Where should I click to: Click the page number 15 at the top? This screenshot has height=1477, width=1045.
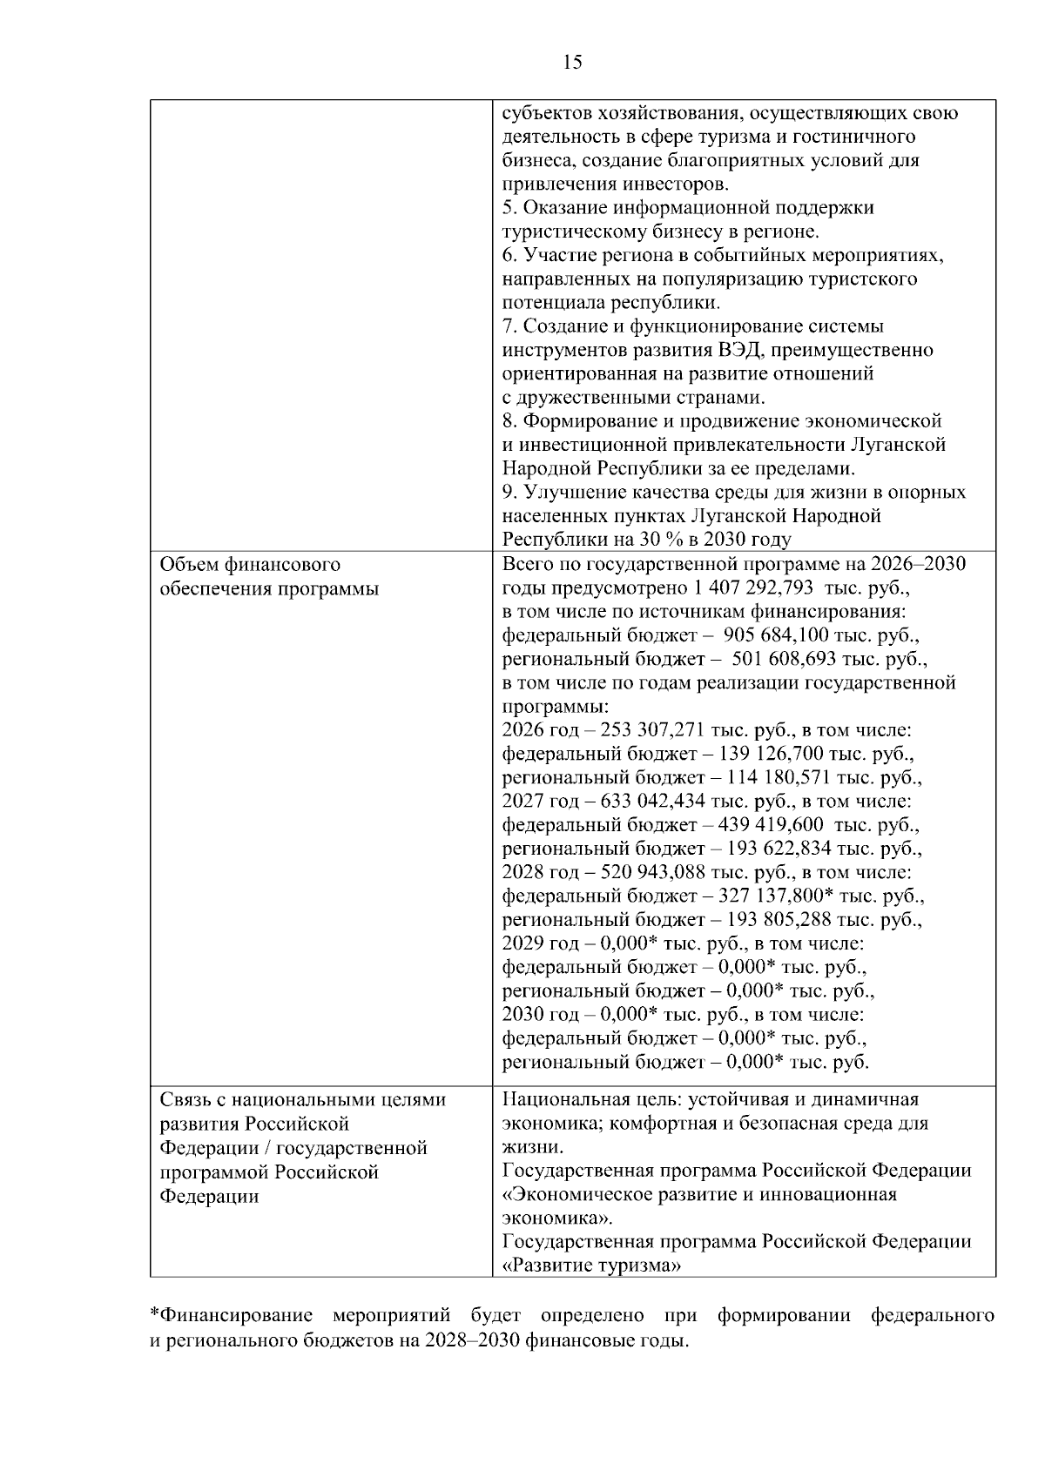coord(572,63)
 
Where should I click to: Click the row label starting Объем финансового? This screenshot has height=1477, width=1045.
coord(251,564)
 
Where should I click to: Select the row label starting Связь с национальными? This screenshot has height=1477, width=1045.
coord(303,1099)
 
